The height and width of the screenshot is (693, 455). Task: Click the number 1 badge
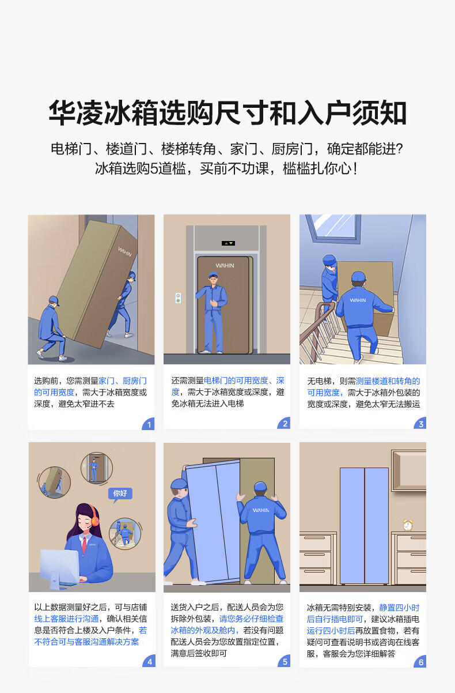(x=149, y=424)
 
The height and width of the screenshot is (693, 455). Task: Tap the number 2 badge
(x=285, y=423)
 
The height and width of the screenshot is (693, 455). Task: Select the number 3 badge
(x=420, y=424)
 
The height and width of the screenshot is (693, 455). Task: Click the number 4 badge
(x=149, y=661)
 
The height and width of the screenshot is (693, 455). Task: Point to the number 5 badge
(x=285, y=661)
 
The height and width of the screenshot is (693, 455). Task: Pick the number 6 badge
(x=420, y=662)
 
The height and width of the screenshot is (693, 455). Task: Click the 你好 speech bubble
(x=120, y=494)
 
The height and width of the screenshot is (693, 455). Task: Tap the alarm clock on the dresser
(x=408, y=525)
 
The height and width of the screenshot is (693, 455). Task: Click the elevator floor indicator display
(x=228, y=243)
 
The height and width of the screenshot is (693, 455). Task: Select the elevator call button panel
(x=178, y=297)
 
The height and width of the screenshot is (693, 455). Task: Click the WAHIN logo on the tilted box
(x=125, y=251)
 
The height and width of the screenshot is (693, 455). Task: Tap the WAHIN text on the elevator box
(x=225, y=265)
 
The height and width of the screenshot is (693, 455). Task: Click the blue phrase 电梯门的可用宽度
(x=236, y=380)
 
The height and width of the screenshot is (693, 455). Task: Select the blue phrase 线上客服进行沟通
(x=66, y=619)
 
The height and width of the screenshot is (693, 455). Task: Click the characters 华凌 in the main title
(x=75, y=112)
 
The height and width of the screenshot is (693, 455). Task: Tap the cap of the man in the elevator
(x=213, y=274)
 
